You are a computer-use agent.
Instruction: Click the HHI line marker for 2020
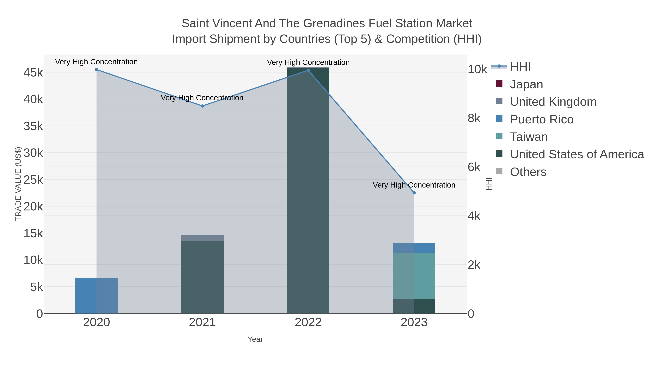[x=96, y=70]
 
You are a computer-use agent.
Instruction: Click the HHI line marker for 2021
[x=202, y=106]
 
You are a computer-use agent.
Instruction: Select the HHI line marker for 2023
[x=414, y=193]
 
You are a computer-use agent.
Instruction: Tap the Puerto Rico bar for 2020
[x=96, y=296]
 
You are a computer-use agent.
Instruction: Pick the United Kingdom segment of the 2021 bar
[x=202, y=238]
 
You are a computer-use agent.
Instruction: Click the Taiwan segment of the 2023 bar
[x=414, y=276]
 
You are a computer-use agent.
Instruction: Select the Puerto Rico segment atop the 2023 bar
[x=414, y=248]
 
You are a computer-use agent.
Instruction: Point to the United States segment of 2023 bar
[x=414, y=306]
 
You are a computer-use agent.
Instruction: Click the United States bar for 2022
[x=308, y=190]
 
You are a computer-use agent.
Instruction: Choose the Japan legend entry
[x=526, y=84]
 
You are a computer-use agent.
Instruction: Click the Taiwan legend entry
[x=529, y=137]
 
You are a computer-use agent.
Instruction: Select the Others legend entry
[x=528, y=172]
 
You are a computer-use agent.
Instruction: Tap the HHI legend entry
[x=520, y=67]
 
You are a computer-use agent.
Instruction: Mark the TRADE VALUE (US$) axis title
[x=18, y=184]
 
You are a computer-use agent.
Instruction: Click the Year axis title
[x=255, y=339]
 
